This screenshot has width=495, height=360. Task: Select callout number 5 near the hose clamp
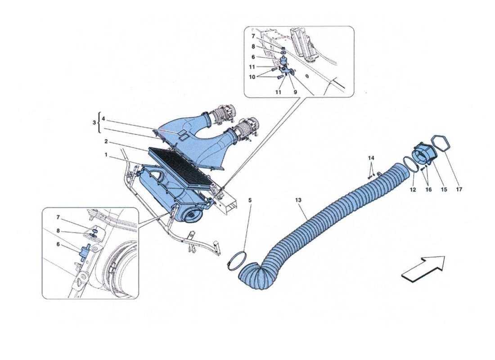click(x=250, y=197)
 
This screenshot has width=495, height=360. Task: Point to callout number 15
click(x=444, y=190)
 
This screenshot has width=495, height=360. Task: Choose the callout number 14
click(x=371, y=158)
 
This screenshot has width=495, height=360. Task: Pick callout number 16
click(x=428, y=190)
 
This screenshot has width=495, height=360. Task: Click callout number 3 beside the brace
click(x=94, y=123)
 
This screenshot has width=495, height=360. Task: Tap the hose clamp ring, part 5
click(x=237, y=261)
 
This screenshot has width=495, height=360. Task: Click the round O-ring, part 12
click(x=409, y=164)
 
